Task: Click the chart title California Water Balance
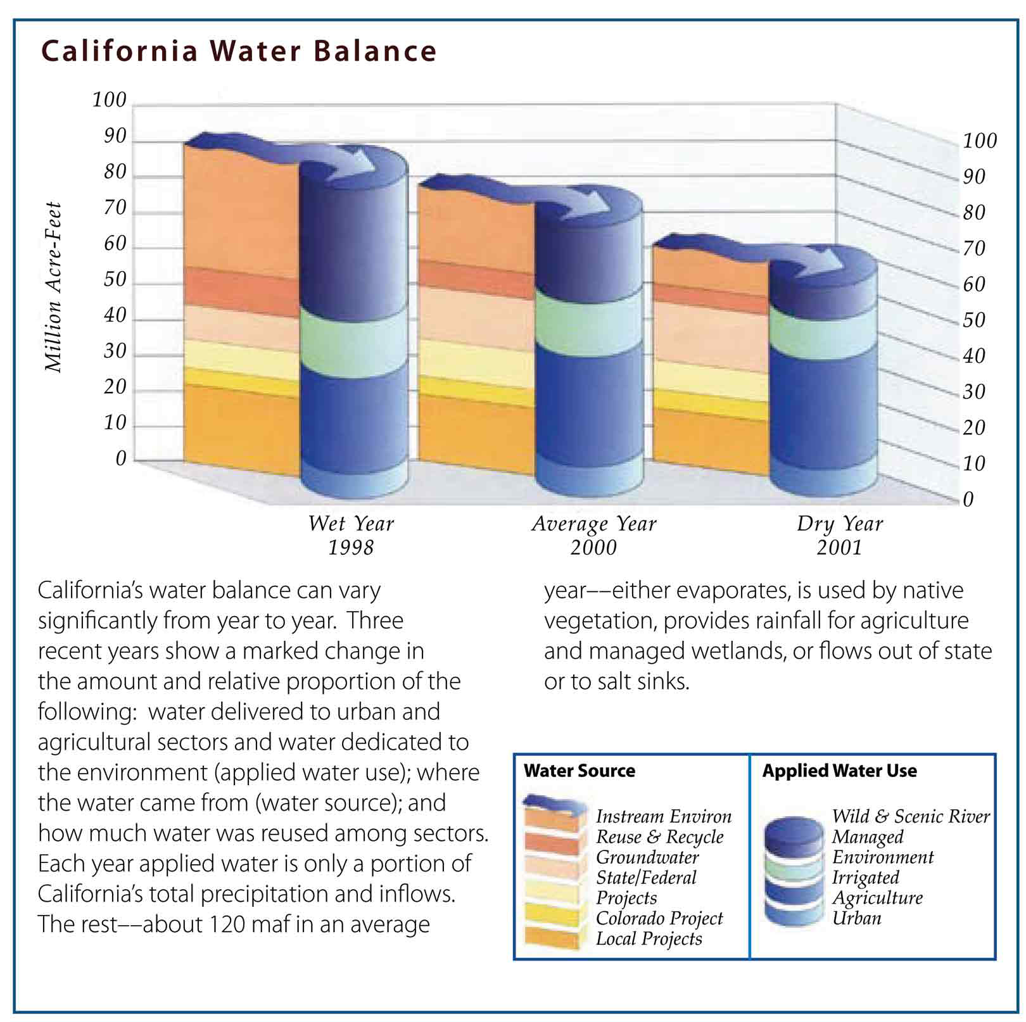pyautogui.click(x=239, y=51)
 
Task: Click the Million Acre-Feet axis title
pyautogui.click(x=53, y=287)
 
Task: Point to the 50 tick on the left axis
pyautogui.click(x=115, y=279)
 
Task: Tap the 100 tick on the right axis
pyautogui.click(x=980, y=141)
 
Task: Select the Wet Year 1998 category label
pyautogui.click(x=351, y=535)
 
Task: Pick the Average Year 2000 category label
pyautogui.click(x=593, y=535)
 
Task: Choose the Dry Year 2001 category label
pyautogui.click(x=839, y=535)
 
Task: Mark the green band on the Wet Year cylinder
pyautogui.click(x=353, y=343)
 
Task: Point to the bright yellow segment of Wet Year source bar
pyautogui.click(x=241, y=382)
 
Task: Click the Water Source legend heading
pyautogui.click(x=579, y=771)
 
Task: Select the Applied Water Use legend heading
pyautogui.click(x=839, y=771)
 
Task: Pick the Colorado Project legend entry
pyautogui.click(x=659, y=918)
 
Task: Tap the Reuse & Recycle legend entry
pyautogui.click(x=659, y=837)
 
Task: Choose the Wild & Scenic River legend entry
pyautogui.click(x=911, y=817)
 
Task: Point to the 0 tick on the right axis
pyautogui.click(x=968, y=500)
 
